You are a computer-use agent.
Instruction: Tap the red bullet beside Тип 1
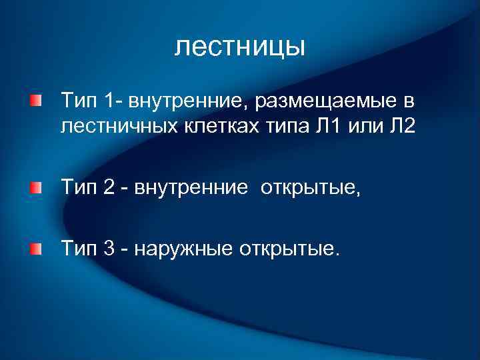click(x=35, y=101)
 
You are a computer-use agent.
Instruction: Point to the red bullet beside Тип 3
click(x=35, y=249)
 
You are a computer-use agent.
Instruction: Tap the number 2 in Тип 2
click(x=110, y=189)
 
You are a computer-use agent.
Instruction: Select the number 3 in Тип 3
click(x=110, y=249)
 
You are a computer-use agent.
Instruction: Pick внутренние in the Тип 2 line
click(x=191, y=189)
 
